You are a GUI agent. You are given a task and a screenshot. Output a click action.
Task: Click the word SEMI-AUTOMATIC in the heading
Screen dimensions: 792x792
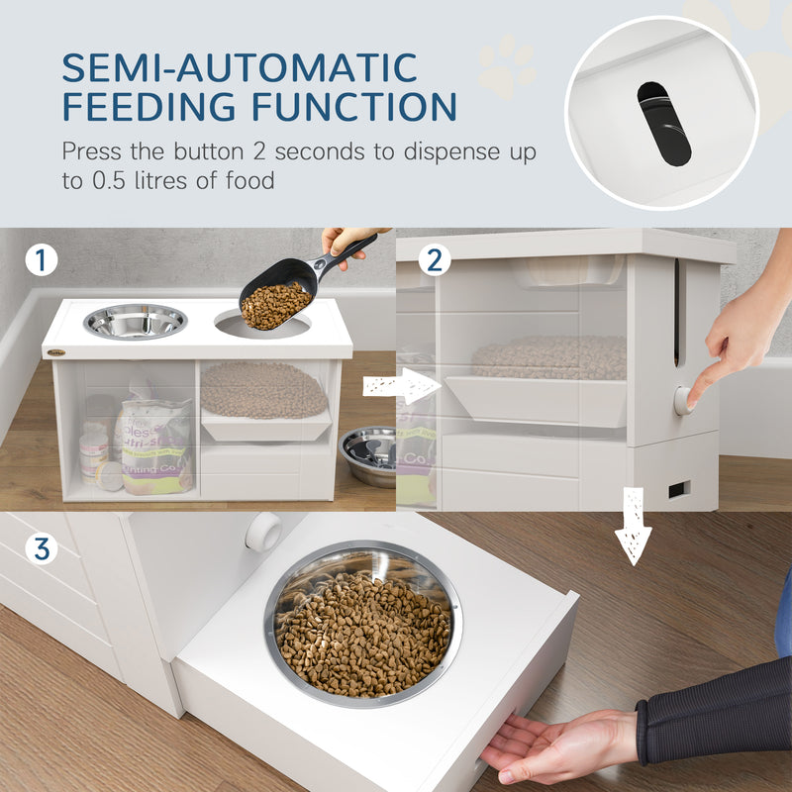239,67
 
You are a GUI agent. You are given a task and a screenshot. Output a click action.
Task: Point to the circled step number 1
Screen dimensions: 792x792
42,260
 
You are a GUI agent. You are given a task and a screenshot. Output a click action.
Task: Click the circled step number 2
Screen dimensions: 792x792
435,260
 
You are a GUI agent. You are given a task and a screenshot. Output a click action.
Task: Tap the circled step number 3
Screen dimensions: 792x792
42,546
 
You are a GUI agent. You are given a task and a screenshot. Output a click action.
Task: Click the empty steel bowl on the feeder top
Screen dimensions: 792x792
136,321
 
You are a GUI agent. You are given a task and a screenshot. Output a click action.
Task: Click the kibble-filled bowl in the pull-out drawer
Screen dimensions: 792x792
362,623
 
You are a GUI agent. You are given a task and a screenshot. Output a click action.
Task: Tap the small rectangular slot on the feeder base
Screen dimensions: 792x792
680,489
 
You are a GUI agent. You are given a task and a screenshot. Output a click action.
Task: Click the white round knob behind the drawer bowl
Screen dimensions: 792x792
264,533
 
